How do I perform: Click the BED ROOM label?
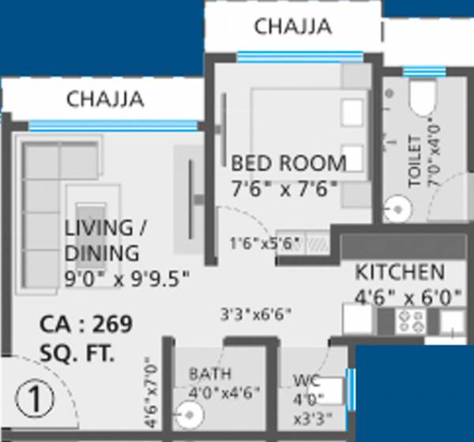(x=288, y=164)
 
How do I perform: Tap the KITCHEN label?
(x=399, y=273)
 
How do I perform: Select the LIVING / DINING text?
(x=100, y=240)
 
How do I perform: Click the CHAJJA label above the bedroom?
(x=292, y=27)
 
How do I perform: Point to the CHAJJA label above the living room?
(x=105, y=100)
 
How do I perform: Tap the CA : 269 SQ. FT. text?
(x=85, y=339)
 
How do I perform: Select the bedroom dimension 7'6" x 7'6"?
(x=284, y=188)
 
